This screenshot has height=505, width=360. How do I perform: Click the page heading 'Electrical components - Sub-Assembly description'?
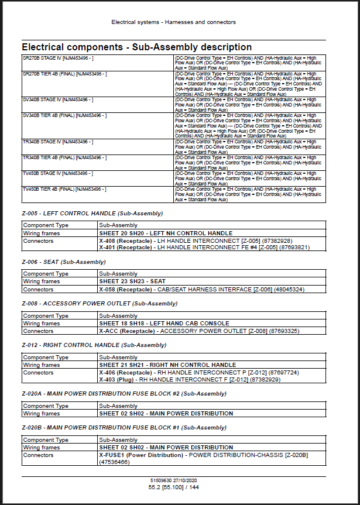[136, 47]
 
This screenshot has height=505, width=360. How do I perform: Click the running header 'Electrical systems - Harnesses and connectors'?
[174, 22]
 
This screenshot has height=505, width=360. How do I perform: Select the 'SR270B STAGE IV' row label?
[57, 59]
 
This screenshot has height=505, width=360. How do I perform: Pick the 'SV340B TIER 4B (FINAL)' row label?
[64, 115]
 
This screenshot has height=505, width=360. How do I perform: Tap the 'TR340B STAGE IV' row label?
[57, 142]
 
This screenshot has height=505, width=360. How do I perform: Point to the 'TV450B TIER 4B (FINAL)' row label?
[64, 190]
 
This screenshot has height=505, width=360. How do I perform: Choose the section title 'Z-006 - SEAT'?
[64, 262]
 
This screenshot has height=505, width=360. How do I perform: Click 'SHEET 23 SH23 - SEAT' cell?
[132, 281]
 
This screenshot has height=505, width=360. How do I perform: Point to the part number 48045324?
[288, 289]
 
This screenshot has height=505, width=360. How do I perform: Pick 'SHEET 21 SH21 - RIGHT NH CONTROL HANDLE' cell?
[167, 365]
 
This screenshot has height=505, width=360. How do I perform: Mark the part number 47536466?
[114, 462]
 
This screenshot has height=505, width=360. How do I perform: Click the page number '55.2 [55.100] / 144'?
[174, 487]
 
